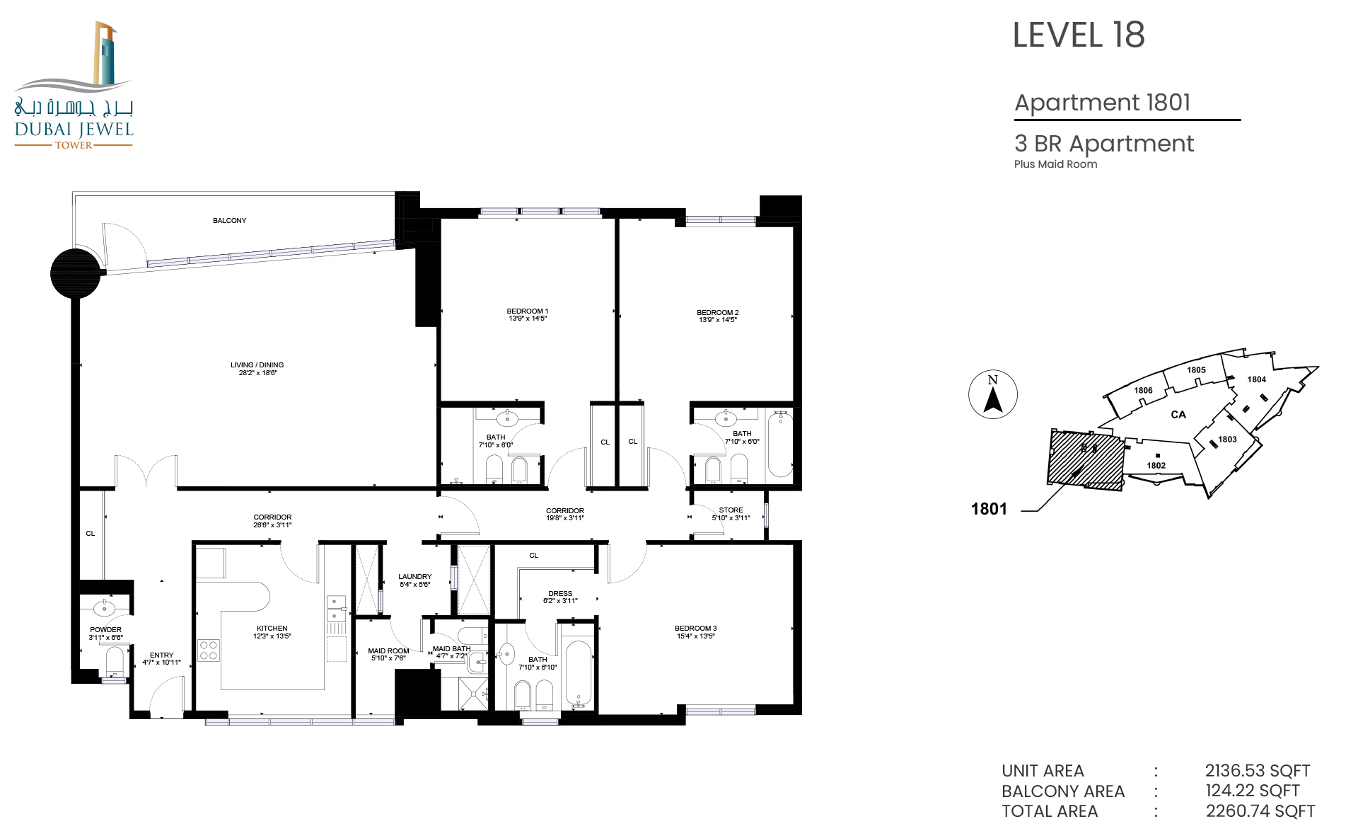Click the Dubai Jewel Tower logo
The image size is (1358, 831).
click(x=74, y=85)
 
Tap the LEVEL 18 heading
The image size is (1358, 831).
click(x=1079, y=35)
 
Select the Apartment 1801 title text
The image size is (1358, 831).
click(x=1103, y=103)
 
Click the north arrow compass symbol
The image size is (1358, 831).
click(x=993, y=394)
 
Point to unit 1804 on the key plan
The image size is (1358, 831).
click(x=1256, y=379)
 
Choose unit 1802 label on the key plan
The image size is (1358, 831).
click(x=1156, y=465)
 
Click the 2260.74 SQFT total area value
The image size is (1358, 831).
click(x=1260, y=810)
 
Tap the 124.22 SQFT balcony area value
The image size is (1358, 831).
click(x=1252, y=791)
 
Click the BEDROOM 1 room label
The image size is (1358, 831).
click(x=528, y=311)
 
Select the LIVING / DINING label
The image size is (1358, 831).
click(x=257, y=365)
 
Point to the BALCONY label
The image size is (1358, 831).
click(x=230, y=221)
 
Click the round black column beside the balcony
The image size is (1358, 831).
click(x=76, y=273)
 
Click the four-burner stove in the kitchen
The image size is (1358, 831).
click(x=209, y=651)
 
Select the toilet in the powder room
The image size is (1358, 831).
click(x=115, y=662)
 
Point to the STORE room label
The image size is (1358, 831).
click(x=731, y=510)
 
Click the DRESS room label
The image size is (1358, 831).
click(x=560, y=594)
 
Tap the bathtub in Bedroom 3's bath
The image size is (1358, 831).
click(x=579, y=673)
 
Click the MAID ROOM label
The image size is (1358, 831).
click(x=388, y=651)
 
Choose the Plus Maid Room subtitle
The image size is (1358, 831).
click(x=1056, y=164)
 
